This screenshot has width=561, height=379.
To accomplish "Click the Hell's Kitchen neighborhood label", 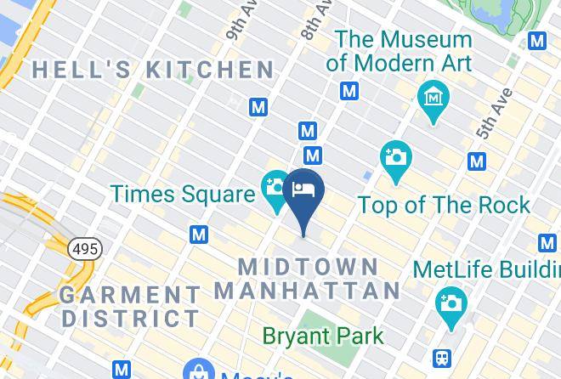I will click(x=153, y=70).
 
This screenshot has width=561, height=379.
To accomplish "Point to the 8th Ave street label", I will click(x=315, y=19).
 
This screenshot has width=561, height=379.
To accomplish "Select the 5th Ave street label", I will click(x=495, y=113).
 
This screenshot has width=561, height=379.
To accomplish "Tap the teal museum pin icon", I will click(x=433, y=97).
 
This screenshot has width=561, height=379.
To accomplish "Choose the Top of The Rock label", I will click(x=444, y=205).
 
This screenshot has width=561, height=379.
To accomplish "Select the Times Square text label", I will click(x=182, y=194).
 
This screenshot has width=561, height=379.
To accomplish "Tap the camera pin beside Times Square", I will click(x=275, y=187).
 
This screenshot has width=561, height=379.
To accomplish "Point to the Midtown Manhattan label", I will click(x=307, y=278).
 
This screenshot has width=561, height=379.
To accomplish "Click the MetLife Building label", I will click(x=486, y=269).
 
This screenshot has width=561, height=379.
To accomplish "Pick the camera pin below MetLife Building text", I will click(x=450, y=303).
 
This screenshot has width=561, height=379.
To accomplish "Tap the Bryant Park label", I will click(x=323, y=336).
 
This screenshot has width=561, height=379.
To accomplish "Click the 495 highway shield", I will click(x=85, y=249).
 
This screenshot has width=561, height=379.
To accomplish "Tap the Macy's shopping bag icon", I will click(x=198, y=372).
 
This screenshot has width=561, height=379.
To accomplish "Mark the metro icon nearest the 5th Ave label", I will click(x=477, y=161).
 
